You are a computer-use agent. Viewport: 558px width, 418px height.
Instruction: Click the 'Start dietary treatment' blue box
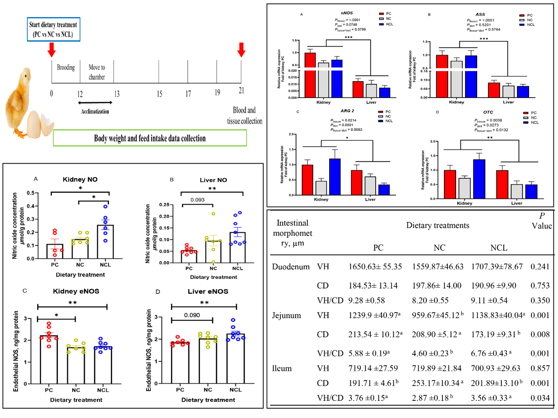[53, 29]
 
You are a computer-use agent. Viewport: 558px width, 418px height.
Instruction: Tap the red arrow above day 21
[242, 50]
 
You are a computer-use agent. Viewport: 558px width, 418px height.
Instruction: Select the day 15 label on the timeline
[159, 94]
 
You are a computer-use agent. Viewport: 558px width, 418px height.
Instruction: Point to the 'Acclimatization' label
[95, 112]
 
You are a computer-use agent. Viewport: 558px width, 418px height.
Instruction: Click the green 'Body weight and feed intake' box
[150, 138]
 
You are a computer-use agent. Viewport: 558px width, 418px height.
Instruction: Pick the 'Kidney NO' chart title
[80, 179]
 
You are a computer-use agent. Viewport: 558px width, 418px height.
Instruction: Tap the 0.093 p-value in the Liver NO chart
[197, 200]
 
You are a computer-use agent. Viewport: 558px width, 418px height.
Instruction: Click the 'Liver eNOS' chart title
[208, 291]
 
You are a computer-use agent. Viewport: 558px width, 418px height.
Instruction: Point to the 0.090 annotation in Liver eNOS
[192, 315]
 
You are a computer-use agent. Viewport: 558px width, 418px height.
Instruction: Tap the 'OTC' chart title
[488, 112]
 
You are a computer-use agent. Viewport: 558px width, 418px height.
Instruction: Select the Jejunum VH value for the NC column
[437, 315]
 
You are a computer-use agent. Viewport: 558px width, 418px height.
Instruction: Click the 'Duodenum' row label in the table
[291, 267]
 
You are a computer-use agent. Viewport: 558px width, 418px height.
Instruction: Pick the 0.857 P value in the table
[540, 368]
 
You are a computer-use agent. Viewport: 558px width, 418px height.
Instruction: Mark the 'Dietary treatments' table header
[437, 225]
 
